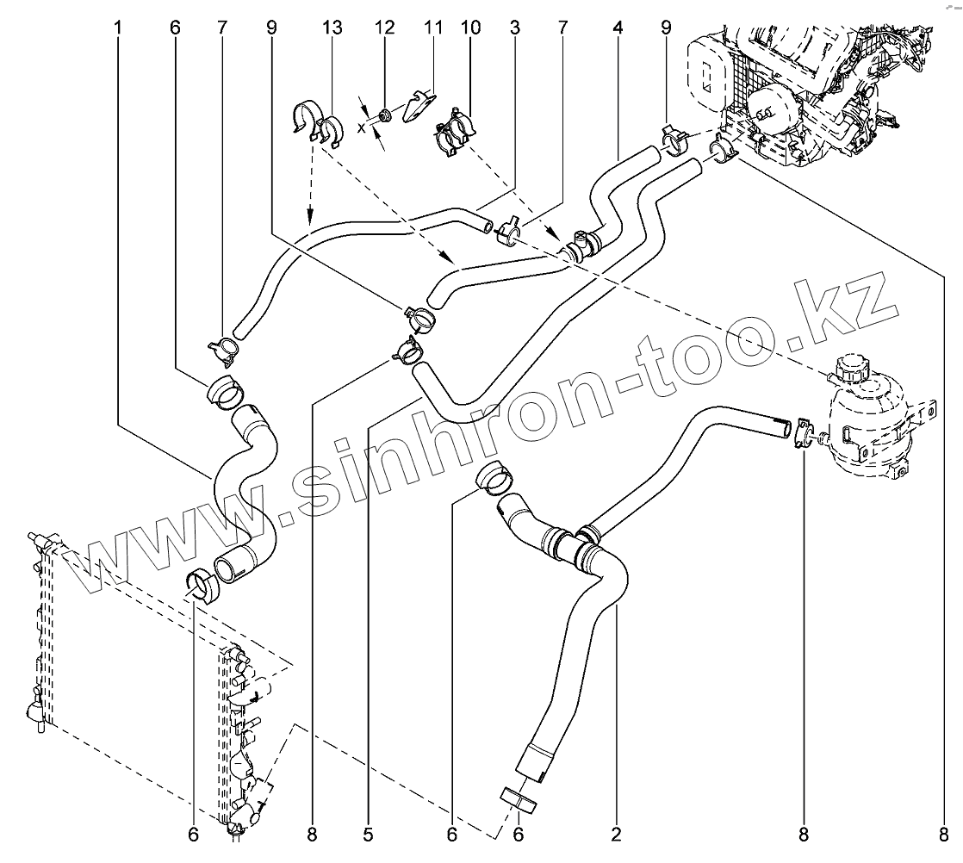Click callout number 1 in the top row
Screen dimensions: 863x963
tap(117, 28)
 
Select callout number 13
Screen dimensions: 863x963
tap(332, 28)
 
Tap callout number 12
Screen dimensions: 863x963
tap(383, 28)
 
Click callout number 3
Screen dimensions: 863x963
tap(514, 28)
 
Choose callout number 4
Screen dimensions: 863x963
tap(618, 28)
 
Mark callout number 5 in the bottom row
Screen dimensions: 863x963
tap(368, 834)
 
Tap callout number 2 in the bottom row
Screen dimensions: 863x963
tap(616, 834)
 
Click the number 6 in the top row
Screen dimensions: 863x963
tap(175, 28)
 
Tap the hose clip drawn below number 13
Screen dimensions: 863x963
tap(314, 123)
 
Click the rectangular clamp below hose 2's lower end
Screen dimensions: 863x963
tap(518, 799)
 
